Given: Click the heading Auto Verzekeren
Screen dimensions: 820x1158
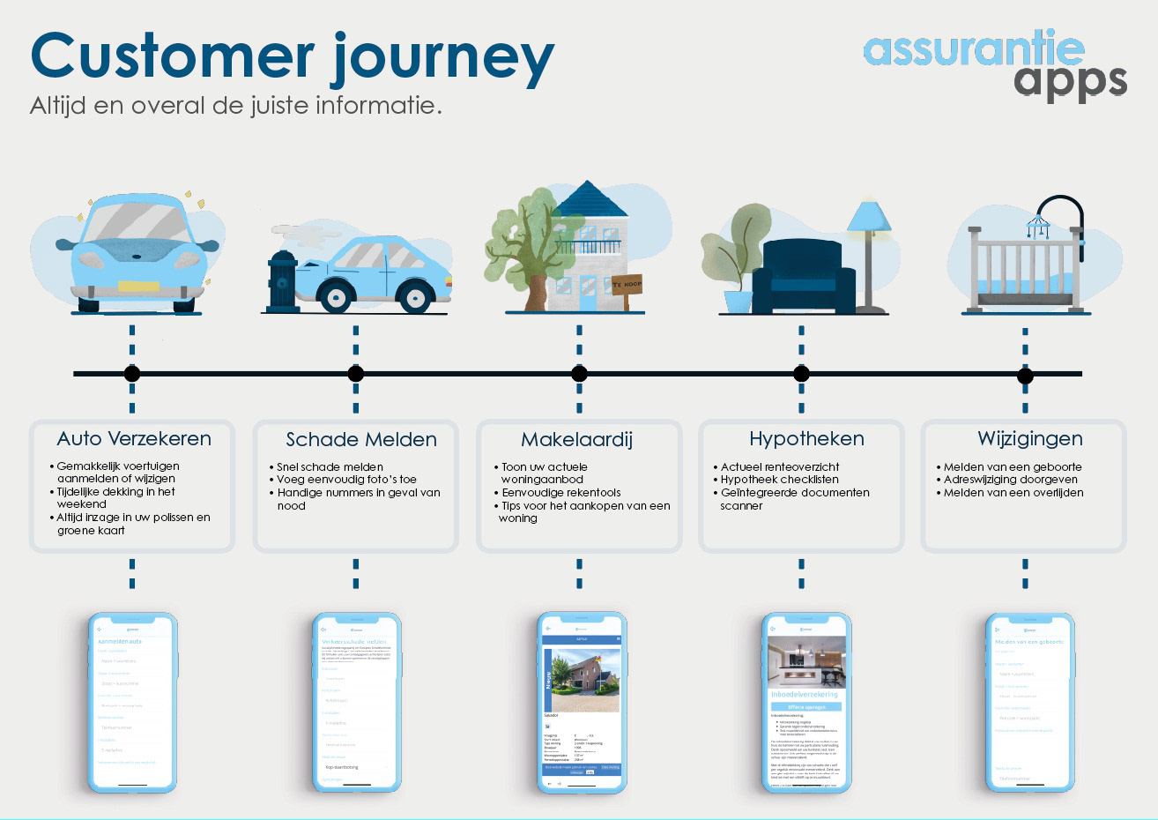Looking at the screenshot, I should [x=134, y=438].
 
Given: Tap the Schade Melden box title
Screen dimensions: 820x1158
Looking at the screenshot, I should [x=361, y=439].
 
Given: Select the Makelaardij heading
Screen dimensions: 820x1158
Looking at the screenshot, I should [x=576, y=439].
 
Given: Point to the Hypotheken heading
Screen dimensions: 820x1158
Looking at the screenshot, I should [x=806, y=438].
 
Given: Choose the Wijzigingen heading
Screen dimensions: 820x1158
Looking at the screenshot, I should [x=1029, y=438].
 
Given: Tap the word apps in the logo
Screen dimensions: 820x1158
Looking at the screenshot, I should [x=1069, y=81].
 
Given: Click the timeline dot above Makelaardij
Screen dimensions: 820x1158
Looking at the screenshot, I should [x=579, y=374].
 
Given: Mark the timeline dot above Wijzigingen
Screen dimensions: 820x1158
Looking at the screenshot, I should [x=1025, y=376].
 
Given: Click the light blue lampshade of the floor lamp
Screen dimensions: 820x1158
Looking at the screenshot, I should [x=870, y=213].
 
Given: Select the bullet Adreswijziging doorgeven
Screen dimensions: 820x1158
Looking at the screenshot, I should [x=1010, y=480].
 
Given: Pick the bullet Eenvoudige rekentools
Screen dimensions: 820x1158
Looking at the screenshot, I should [x=560, y=493].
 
